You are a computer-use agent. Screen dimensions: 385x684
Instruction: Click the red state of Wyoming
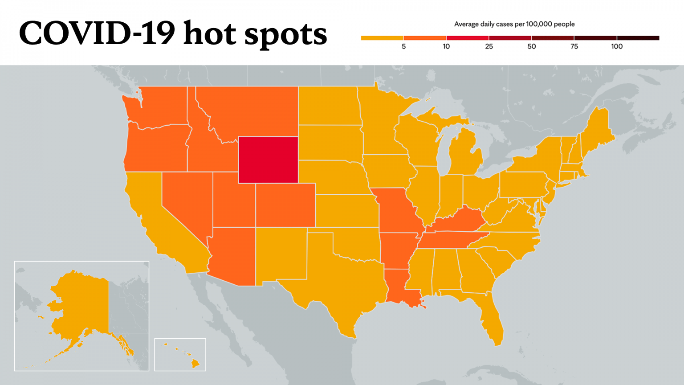pyautogui.click(x=268, y=160)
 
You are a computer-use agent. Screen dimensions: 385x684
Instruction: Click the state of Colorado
pyautogui.click(x=285, y=205)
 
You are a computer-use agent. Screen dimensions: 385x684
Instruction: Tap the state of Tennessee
pyautogui.click(x=450, y=240)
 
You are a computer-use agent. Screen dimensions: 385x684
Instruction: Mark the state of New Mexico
pyautogui.click(x=281, y=254)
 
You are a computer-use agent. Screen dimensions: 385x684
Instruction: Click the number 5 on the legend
pyautogui.click(x=403, y=46)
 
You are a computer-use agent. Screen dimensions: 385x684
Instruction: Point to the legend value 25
pyautogui.click(x=489, y=46)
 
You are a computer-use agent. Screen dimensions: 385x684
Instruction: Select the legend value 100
pyautogui.click(x=617, y=46)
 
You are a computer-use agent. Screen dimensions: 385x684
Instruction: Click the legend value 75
pyautogui.click(x=574, y=46)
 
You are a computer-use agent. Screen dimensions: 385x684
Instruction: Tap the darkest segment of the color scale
pyautogui.click(x=638, y=38)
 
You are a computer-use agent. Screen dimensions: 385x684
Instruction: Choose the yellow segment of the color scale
pyautogui.click(x=382, y=38)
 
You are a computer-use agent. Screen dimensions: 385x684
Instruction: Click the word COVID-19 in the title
pyautogui.click(x=97, y=33)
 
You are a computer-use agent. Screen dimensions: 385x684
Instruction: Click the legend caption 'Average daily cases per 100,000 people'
pyautogui.click(x=514, y=24)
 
